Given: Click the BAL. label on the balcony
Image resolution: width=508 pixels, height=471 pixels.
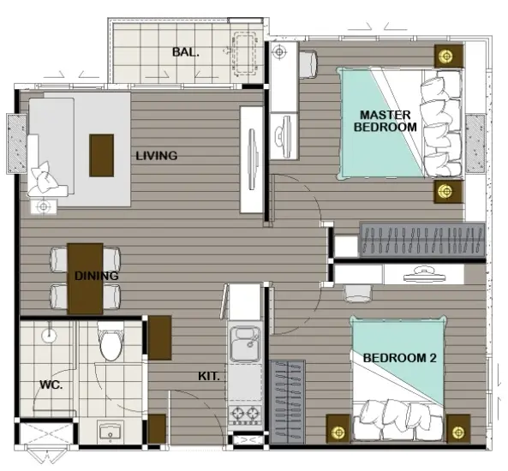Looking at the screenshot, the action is click(185, 52).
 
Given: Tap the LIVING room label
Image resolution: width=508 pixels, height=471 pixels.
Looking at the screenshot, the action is click(157, 156).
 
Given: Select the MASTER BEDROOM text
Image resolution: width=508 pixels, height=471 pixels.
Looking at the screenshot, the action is click(385, 121).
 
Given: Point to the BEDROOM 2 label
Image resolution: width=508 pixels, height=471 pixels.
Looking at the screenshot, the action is click(400, 358).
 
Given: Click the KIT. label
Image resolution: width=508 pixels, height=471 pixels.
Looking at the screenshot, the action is click(209, 376).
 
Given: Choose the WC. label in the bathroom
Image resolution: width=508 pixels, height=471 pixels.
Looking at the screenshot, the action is click(51, 385).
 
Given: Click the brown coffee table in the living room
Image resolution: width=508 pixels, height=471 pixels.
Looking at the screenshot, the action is click(101, 156).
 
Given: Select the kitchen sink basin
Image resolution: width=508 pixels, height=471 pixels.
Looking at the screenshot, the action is click(245, 344).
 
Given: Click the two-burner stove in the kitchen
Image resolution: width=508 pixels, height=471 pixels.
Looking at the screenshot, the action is click(245, 414).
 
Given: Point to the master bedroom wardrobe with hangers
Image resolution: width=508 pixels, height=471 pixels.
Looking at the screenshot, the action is click(422, 240).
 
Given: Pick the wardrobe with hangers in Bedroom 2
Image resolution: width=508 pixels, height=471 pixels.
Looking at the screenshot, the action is click(287, 402).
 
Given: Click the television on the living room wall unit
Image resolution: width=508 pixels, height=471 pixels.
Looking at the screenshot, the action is click(252, 159).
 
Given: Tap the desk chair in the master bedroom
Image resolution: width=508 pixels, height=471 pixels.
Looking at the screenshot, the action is click(308, 64).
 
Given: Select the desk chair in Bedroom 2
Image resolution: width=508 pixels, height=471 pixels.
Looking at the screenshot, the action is click(358, 294).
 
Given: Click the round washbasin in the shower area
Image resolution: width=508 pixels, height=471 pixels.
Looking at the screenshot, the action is click(49, 335).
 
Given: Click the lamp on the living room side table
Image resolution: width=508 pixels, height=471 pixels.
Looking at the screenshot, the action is click(43, 206).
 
